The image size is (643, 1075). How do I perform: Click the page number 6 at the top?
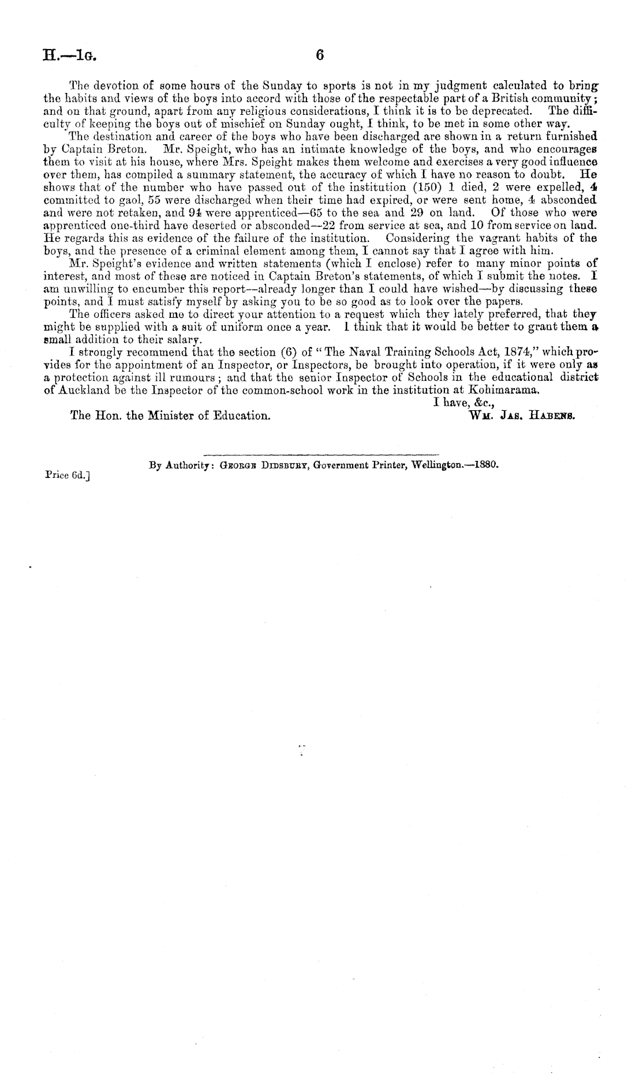321,55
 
